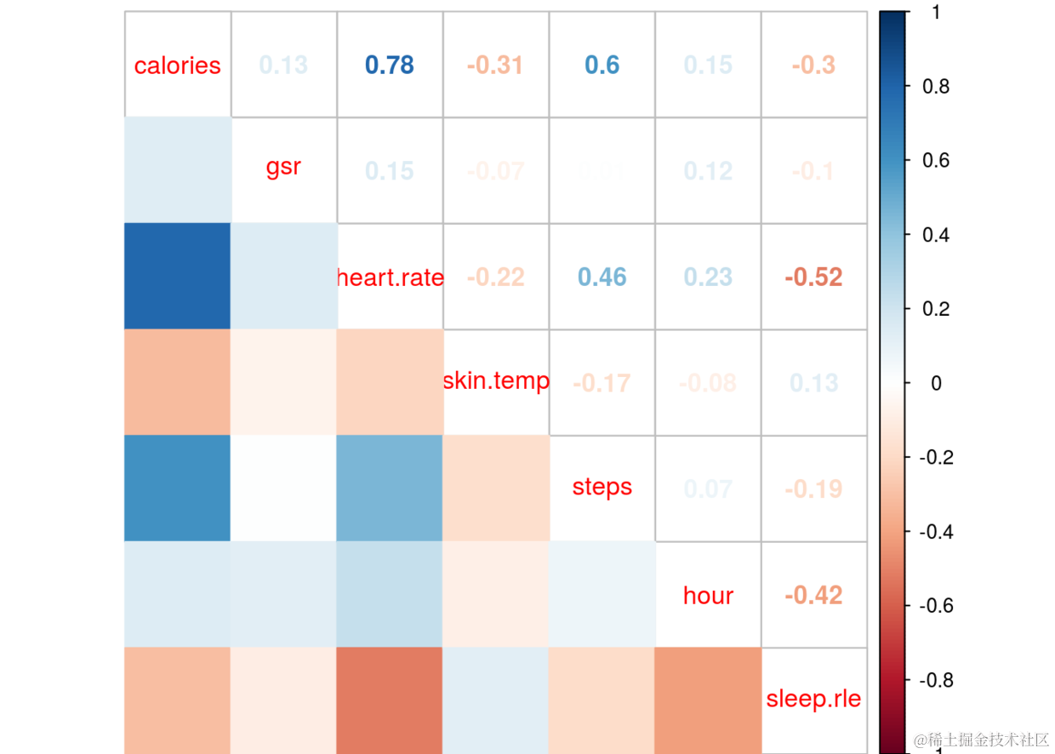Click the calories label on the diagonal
point(177,66)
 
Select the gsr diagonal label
point(283,167)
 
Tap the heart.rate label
point(390,277)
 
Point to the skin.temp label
point(496,380)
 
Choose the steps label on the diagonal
point(602,487)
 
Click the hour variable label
point(708,596)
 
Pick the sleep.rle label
point(813,700)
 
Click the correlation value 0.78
point(390,66)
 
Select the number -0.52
point(813,277)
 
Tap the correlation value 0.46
point(602,277)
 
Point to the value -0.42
point(813,596)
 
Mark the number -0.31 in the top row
point(495,66)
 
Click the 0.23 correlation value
point(708,277)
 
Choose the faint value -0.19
point(813,489)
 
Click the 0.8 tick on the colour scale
point(936,86)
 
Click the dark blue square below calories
point(177,276)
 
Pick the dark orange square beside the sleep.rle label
point(708,700)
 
